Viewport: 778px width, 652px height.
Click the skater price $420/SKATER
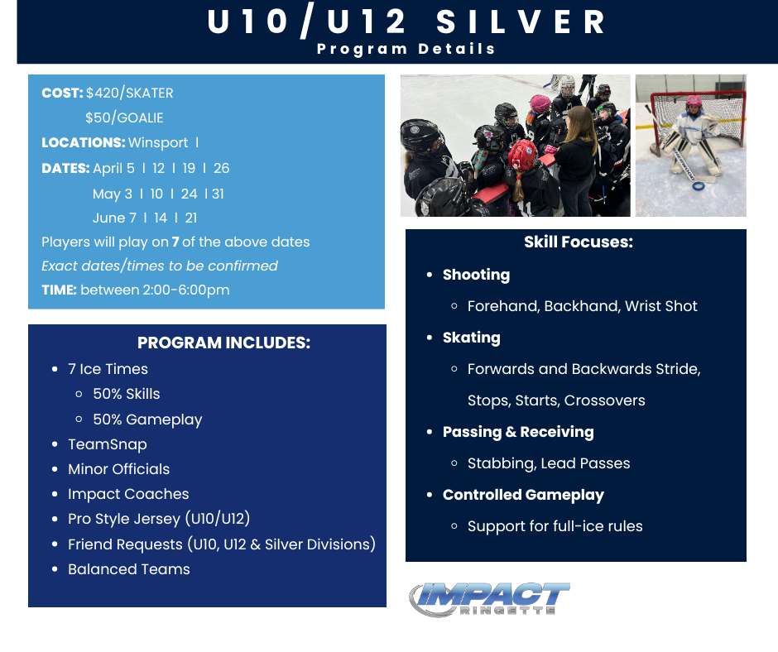[x=129, y=93]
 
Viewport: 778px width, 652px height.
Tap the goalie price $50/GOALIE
[x=124, y=118]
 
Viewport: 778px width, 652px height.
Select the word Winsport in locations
[x=158, y=143]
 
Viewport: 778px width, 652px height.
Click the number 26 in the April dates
[x=221, y=168]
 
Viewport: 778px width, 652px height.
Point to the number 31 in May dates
[x=218, y=194]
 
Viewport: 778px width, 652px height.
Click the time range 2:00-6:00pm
[x=186, y=290]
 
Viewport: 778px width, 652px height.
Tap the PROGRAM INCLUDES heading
[x=223, y=343]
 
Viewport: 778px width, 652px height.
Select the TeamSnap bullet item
[x=107, y=444]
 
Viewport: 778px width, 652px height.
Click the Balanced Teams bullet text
[x=129, y=569]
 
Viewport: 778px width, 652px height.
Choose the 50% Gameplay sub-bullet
[x=147, y=419]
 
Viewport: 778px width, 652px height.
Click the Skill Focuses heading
[x=579, y=242]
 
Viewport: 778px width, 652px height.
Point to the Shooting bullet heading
[x=477, y=275]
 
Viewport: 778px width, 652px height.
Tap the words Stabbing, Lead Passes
[x=549, y=463]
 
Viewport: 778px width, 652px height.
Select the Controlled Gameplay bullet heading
[x=523, y=495]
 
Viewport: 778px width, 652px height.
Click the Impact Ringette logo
[x=489, y=599]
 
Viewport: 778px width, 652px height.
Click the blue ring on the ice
[x=699, y=186]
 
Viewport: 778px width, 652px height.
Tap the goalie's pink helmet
[x=694, y=103]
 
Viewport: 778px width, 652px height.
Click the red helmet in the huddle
[x=523, y=155]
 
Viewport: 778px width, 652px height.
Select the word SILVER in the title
[x=521, y=22]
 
